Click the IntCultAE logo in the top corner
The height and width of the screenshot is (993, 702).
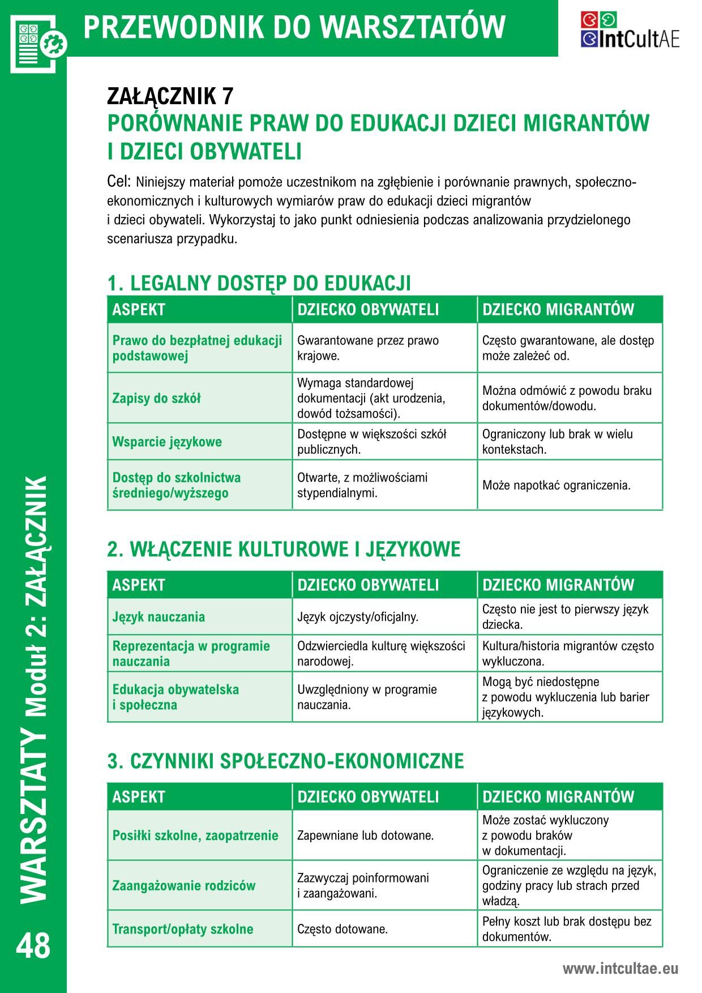(630, 30)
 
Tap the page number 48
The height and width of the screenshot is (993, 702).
(33, 946)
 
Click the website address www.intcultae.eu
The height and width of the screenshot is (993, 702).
(620, 969)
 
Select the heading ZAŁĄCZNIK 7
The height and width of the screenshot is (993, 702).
(170, 97)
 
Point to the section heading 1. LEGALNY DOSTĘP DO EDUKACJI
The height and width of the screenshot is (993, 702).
(259, 283)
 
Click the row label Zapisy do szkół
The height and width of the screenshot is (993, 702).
(156, 398)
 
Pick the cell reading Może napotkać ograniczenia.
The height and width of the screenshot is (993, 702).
(556, 485)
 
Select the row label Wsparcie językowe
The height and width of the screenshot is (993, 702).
(167, 442)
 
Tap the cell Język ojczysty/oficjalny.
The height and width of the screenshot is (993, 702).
(358, 617)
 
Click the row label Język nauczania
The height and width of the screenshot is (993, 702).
(159, 617)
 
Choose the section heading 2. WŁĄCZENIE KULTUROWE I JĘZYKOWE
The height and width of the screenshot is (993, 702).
(284, 549)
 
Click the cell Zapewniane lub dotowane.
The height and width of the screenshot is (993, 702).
(365, 836)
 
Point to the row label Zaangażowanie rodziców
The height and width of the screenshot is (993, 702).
(183, 886)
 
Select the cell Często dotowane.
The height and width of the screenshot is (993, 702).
(343, 930)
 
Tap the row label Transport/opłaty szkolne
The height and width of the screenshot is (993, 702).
(182, 930)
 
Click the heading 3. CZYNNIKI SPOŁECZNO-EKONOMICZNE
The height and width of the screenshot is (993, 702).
(285, 761)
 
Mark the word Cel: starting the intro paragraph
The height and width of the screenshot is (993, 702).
(119, 182)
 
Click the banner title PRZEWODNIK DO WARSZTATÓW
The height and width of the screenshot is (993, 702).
(294, 27)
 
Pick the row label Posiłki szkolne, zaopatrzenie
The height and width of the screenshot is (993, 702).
(195, 836)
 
